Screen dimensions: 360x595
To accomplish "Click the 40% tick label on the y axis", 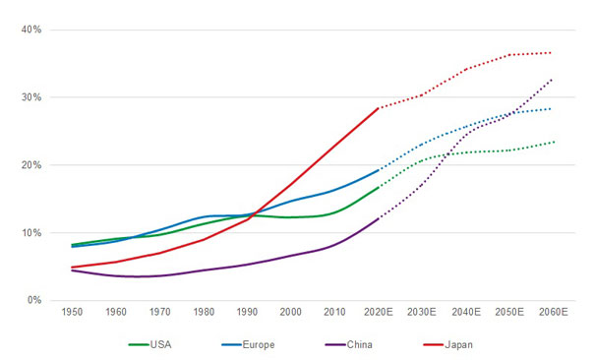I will coord(28,30).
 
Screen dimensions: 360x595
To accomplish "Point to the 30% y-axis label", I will coord(28,97).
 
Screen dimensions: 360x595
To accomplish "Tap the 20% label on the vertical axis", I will coord(28,165).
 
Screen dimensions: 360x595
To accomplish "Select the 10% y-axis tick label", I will coord(28,233).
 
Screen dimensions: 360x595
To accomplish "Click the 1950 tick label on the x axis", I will coord(72,312).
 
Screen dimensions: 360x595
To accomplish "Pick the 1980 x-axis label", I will coord(205,312).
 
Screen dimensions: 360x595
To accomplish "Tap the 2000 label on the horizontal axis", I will coord(292,312).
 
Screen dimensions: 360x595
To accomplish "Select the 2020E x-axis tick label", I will coord(379,312).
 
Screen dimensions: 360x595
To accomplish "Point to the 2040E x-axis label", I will coord(466,312).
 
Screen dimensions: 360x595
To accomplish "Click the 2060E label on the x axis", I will coord(553,312).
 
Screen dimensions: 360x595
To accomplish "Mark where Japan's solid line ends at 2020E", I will coord(379,108).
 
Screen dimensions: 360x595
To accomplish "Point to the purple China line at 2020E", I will coord(379,218).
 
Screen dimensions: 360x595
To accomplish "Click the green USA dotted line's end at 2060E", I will coord(553,142).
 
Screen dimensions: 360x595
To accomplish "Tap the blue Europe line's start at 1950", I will coord(72,246).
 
